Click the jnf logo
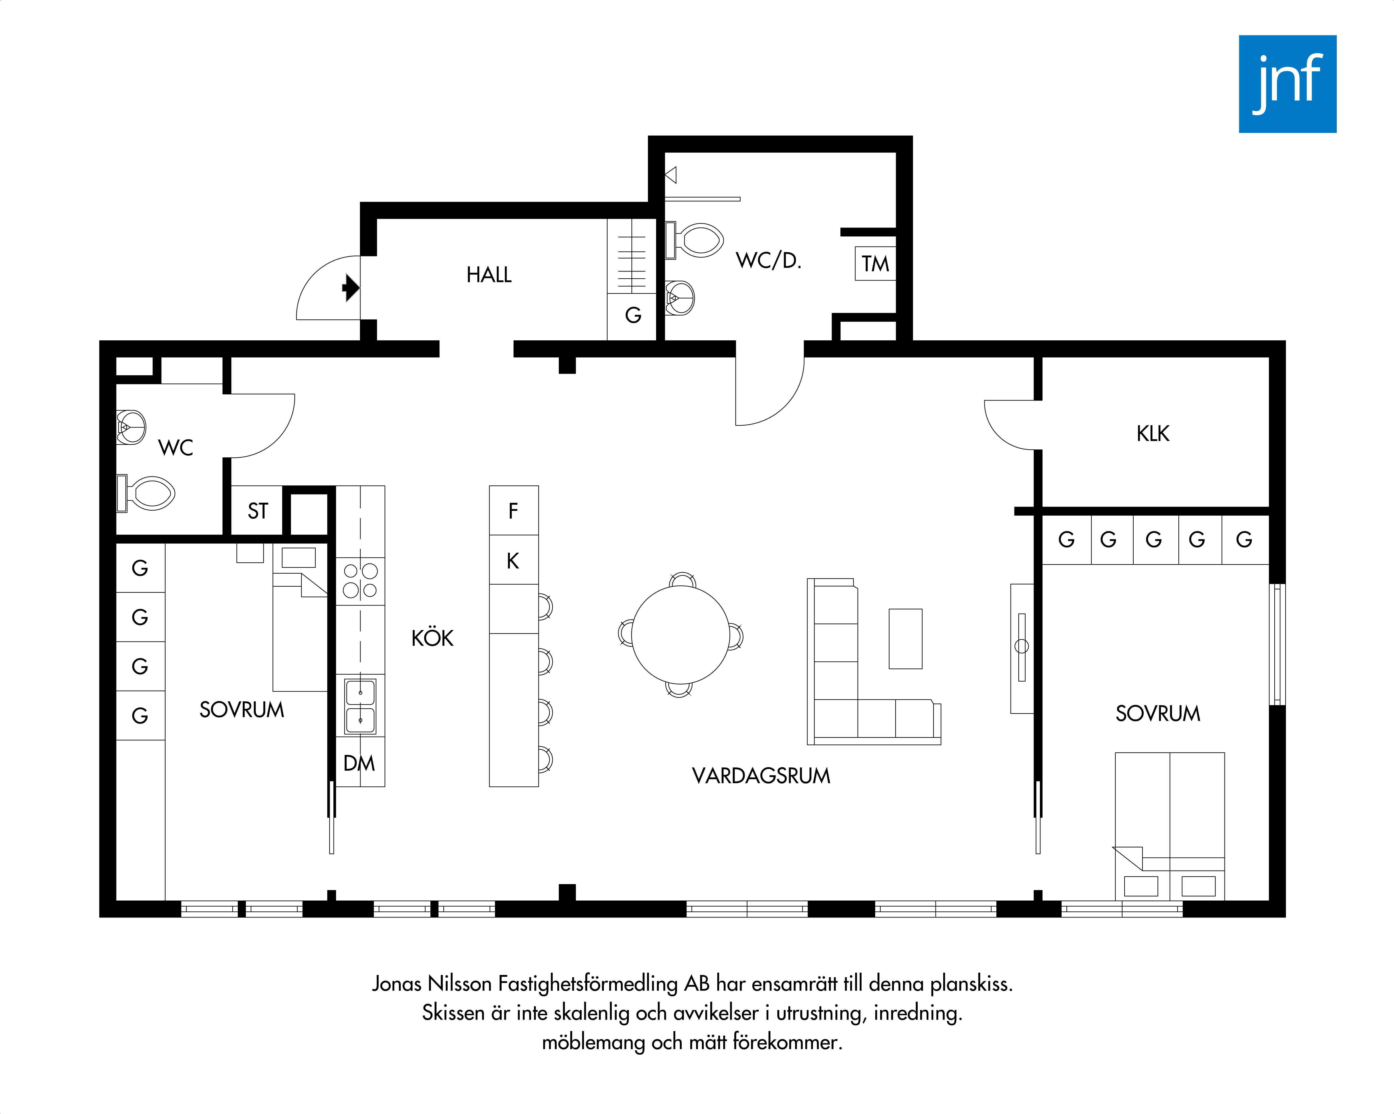click(1287, 84)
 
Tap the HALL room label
click(489, 275)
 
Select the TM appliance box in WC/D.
click(875, 263)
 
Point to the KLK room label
click(1153, 433)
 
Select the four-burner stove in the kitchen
click(360, 581)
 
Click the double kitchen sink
click(360, 705)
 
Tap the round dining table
click(680, 634)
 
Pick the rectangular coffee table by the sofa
click(905, 638)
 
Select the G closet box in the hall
click(633, 315)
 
